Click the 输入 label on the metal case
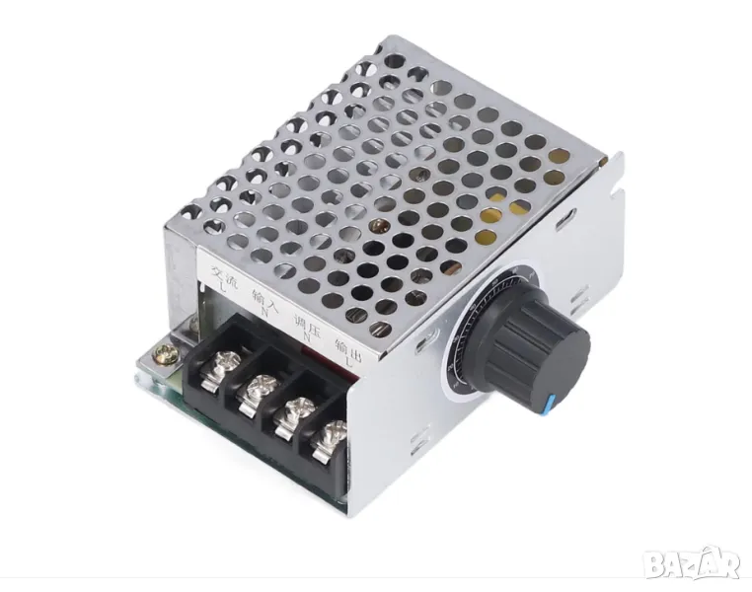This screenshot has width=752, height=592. (x=262, y=297)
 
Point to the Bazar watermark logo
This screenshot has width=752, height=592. (x=691, y=563)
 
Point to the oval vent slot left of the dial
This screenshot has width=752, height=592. (x=425, y=340)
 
